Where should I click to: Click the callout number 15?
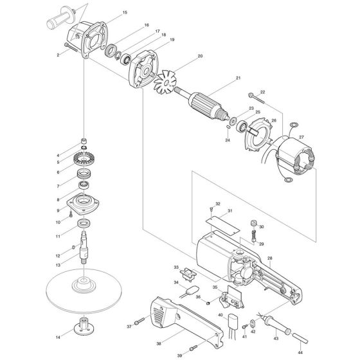coord(125,12)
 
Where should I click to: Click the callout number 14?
coord(59,336)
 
